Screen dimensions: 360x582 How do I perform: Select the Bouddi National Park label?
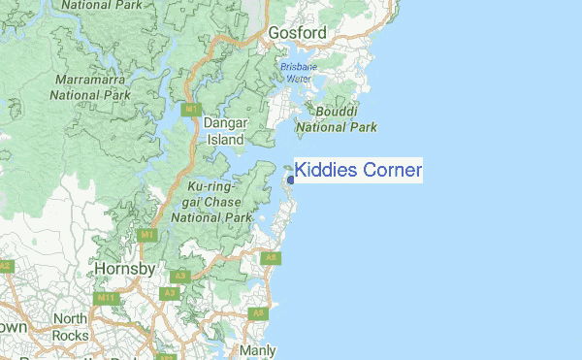(335, 119)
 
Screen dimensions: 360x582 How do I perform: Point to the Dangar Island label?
(227, 131)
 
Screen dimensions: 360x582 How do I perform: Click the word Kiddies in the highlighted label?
(326, 172)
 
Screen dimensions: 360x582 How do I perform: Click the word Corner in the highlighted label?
(392, 172)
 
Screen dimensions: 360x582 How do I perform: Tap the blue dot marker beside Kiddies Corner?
(290, 180)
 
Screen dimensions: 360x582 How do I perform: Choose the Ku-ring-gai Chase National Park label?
(211, 202)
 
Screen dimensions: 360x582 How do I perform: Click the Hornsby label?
(125, 268)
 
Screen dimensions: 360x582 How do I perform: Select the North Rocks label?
(70, 327)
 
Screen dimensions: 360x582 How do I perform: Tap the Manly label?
(257, 350)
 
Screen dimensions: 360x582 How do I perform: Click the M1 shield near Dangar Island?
(192, 109)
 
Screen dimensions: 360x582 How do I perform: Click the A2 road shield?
(6, 265)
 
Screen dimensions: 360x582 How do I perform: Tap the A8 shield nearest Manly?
(257, 313)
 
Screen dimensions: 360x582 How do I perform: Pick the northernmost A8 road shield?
(272, 257)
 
